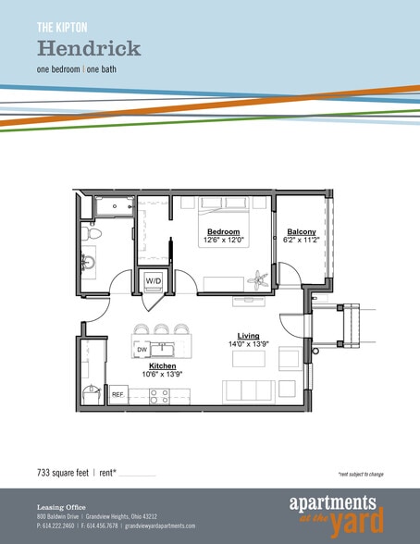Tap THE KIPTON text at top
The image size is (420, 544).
pyautogui.click(x=61, y=25)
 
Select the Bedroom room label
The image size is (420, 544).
pyautogui.click(x=223, y=231)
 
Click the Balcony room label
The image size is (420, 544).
pyautogui.click(x=302, y=231)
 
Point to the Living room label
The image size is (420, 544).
pyautogui.click(x=247, y=335)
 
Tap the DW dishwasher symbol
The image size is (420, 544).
pyautogui.click(x=142, y=350)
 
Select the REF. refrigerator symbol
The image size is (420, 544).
pyautogui.click(x=117, y=394)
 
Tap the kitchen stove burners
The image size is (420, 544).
pyautogui.click(x=158, y=394)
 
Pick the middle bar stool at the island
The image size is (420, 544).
pyautogui.click(x=163, y=330)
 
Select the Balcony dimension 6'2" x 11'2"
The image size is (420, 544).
pyautogui.click(x=302, y=240)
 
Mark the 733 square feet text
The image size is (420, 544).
pyautogui.click(x=63, y=473)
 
